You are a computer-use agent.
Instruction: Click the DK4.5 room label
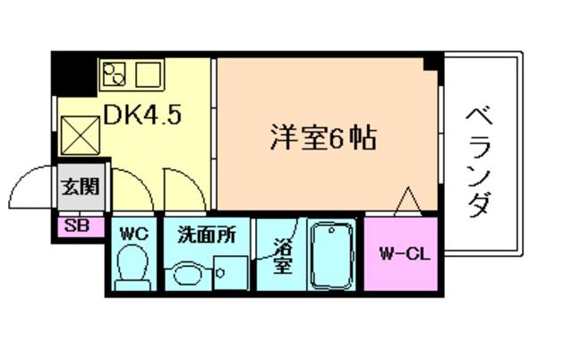(142, 115)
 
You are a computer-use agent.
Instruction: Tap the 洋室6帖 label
(323, 138)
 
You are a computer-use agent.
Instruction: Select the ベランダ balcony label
(480, 162)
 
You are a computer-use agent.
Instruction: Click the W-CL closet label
(405, 253)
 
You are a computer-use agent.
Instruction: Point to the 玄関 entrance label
(81, 187)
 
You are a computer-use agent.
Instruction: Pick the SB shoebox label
(77, 226)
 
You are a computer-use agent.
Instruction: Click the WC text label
(134, 234)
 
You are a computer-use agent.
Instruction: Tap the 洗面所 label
(207, 235)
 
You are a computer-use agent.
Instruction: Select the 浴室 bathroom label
(283, 255)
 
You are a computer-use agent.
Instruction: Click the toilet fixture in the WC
(133, 268)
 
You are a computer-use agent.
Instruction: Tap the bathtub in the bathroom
(332, 255)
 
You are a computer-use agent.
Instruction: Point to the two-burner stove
(114, 73)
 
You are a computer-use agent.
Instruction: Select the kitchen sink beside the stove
(149, 74)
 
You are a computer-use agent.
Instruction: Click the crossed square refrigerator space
(81, 135)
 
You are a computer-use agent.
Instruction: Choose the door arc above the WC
(141, 182)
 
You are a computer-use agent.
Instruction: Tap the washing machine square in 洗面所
(231, 272)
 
